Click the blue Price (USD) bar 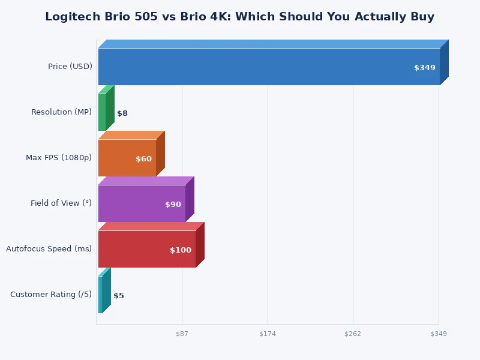269,67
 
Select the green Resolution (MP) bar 102,112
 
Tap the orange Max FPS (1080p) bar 127,158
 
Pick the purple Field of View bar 142,203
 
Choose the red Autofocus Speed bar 146,249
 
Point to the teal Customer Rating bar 100,295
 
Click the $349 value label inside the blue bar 424,68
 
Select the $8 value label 122,113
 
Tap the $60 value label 143,159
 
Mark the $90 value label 173,205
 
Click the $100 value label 180,250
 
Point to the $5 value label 119,296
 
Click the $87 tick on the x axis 182,334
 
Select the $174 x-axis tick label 268,334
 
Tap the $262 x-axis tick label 353,334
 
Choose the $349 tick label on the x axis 438,334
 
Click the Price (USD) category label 70,67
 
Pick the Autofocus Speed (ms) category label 49,249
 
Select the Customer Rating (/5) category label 51,295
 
